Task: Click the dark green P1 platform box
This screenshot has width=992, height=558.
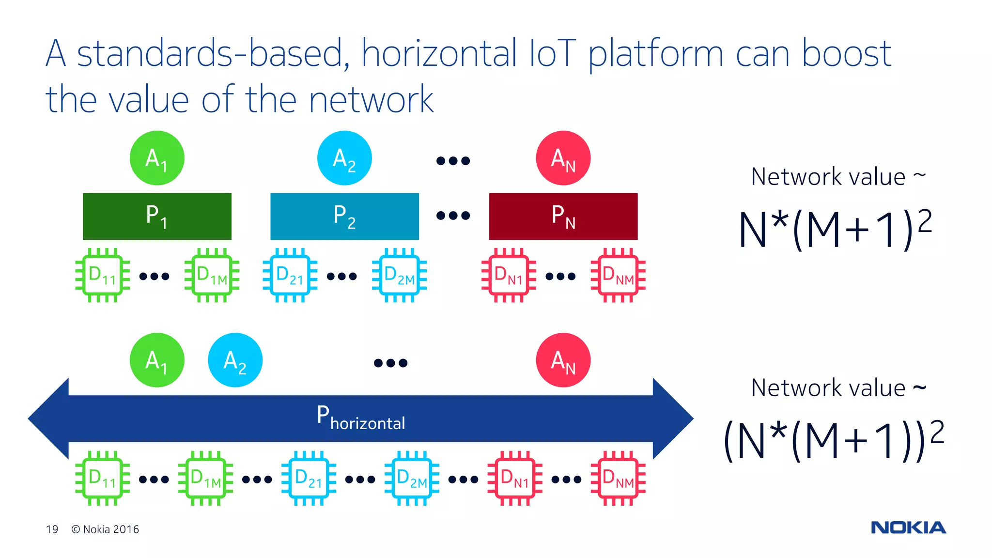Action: pos(157,216)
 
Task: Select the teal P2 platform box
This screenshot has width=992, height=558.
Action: pos(344,216)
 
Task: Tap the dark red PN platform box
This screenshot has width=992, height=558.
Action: pos(563,216)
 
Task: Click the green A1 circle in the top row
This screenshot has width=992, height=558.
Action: pos(157,158)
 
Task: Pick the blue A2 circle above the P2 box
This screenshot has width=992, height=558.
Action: pos(344,158)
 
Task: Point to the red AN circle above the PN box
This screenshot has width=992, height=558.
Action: pos(563,158)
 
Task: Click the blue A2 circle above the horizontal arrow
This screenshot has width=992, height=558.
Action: pos(235,360)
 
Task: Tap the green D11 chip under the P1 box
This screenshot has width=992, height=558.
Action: pos(102,275)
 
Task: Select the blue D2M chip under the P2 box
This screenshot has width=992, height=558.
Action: pos(399,275)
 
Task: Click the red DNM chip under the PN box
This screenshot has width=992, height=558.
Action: pos(618,275)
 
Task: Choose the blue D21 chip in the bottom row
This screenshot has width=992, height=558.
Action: pos(309,478)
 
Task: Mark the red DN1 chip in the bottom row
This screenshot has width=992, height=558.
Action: pos(514,478)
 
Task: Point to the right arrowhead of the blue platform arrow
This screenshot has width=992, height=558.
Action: pos(673,418)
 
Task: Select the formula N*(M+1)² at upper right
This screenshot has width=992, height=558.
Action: pos(835,229)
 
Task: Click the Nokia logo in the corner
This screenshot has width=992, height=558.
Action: pos(908,527)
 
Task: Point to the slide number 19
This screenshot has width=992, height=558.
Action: pos(52,529)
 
